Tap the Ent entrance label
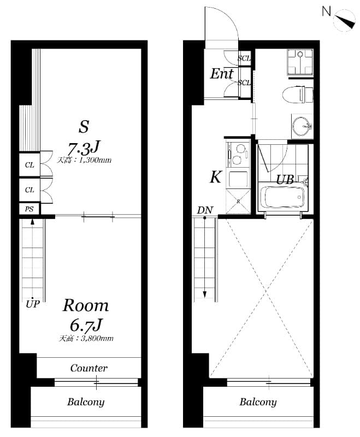(222, 74)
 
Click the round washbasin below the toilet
(300, 127)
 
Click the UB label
(285, 179)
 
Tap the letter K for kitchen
(216, 178)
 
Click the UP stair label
(33, 304)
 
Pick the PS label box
(29, 209)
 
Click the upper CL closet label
(29, 165)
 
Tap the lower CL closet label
(29, 190)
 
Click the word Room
(85, 305)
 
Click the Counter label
(88, 368)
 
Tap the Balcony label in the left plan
(86, 402)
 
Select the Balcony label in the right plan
(258, 402)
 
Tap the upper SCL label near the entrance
(244, 58)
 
